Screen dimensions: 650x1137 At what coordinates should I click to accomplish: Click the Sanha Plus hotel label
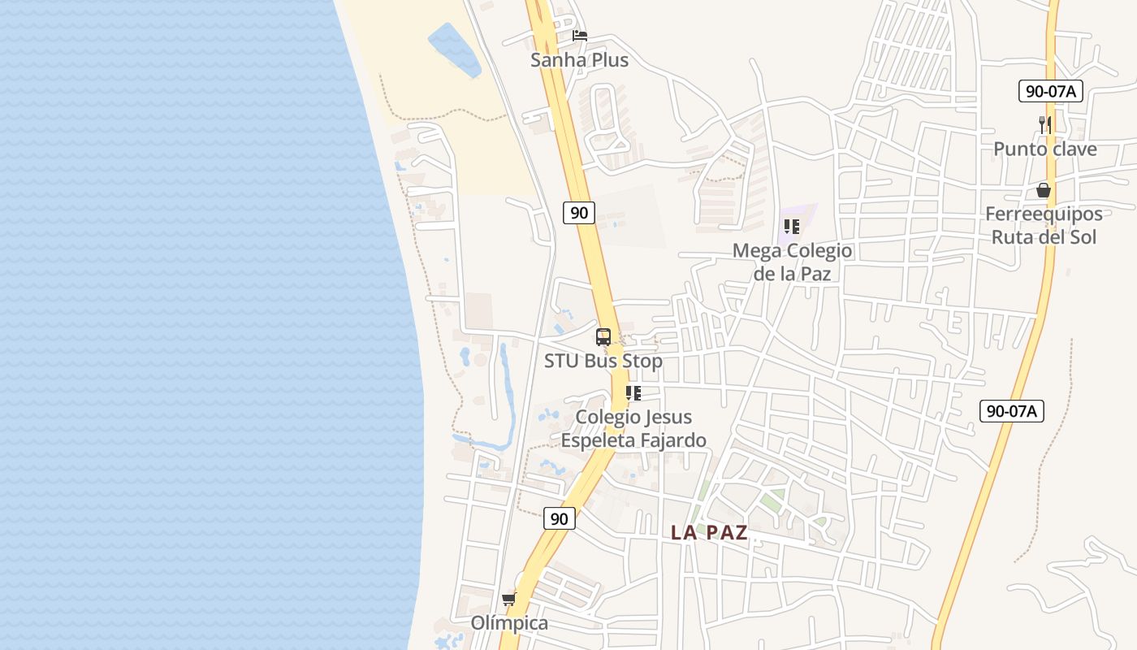click(579, 60)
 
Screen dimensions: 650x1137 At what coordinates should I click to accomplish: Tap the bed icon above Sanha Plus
click(579, 36)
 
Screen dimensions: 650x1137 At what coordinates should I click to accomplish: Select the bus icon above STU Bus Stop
click(603, 337)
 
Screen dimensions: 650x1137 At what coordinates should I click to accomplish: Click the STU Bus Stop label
click(603, 361)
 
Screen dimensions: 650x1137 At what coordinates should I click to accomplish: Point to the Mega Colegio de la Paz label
click(792, 262)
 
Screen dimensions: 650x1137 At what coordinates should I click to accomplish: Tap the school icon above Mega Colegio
click(792, 227)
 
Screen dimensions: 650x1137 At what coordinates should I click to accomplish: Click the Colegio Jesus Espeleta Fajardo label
click(633, 428)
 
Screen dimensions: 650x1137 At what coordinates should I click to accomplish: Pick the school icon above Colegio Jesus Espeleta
click(633, 393)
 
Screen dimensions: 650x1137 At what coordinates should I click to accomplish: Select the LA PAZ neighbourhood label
click(709, 533)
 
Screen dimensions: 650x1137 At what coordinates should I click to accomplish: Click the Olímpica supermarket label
click(509, 623)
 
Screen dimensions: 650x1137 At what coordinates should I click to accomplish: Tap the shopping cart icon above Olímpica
click(509, 600)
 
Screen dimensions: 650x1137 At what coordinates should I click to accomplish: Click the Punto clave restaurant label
click(1045, 149)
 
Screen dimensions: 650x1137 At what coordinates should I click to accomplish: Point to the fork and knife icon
click(1045, 124)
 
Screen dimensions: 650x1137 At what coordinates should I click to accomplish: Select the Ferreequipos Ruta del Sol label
click(1044, 225)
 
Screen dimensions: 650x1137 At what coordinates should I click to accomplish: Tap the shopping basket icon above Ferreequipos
click(1044, 190)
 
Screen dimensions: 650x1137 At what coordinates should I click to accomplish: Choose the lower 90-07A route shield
click(1011, 411)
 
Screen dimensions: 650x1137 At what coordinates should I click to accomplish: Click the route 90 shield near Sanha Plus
click(579, 213)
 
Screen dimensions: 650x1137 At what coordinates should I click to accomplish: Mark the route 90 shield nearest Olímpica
click(559, 518)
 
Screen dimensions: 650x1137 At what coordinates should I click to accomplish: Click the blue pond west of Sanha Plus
click(454, 50)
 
